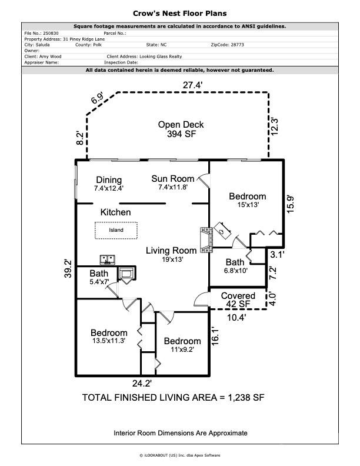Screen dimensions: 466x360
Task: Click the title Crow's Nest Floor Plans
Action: pos(180,13)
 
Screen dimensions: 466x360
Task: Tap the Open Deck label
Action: pos(181,129)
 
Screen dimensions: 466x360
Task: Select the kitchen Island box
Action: pos(116,230)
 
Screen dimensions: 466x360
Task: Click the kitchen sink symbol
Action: pos(108,259)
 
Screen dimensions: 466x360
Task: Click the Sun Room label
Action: pos(172,183)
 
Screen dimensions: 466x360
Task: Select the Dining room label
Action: pos(109,184)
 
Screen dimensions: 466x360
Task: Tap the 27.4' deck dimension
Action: pos(193,85)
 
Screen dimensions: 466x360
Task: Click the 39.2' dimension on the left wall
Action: pos(68,268)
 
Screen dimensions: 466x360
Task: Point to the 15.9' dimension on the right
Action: pos(291,205)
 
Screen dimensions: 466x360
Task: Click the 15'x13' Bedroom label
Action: pos(247,201)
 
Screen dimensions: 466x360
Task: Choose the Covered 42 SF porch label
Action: pos(238,300)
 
